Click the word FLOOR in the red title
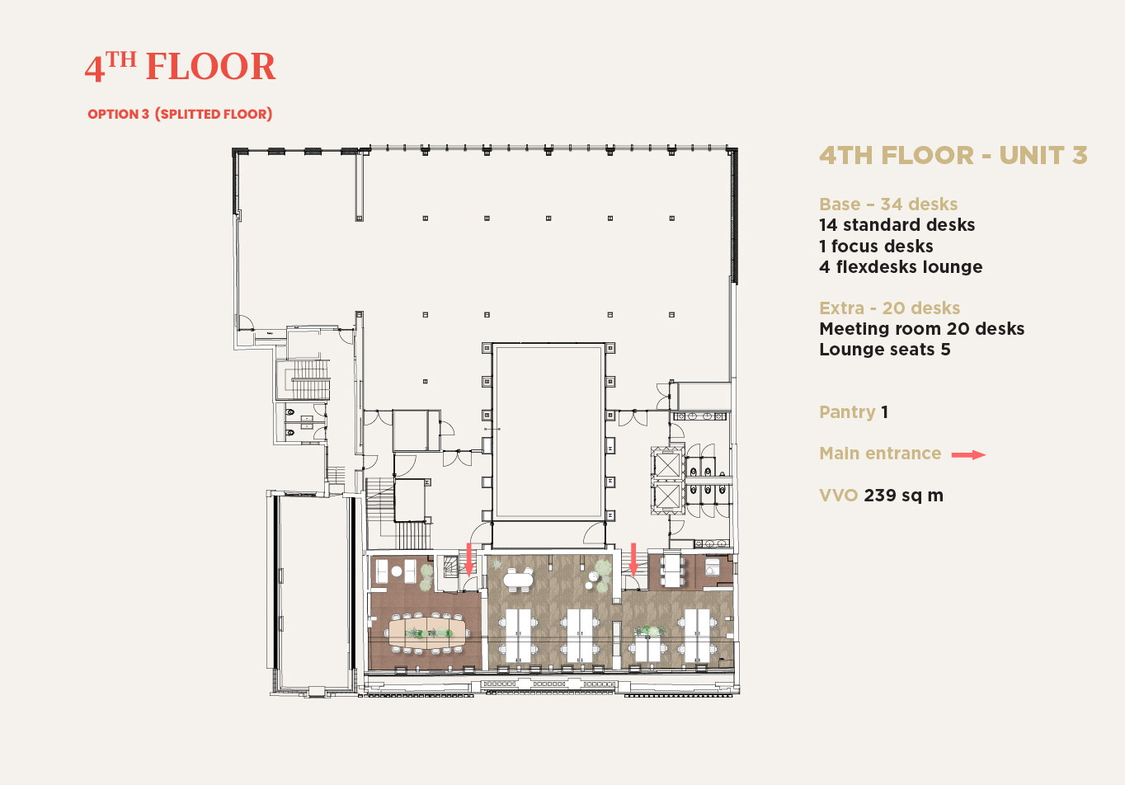pyautogui.click(x=210, y=66)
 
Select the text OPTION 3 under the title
pyautogui.click(x=119, y=114)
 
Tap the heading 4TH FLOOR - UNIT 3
pyautogui.click(x=953, y=155)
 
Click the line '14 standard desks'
pyautogui.click(x=897, y=224)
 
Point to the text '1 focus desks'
pyautogui.click(x=876, y=246)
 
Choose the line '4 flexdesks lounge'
pyautogui.click(x=901, y=266)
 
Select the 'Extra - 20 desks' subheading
pyautogui.click(x=889, y=308)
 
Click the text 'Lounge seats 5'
pyautogui.click(x=885, y=349)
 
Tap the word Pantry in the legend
pyautogui.click(x=847, y=412)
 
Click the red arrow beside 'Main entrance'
pyautogui.click(x=968, y=455)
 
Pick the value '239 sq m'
pyautogui.click(x=903, y=496)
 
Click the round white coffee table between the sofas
pyautogui.click(x=397, y=571)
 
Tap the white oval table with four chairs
pyautogui.click(x=518, y=580)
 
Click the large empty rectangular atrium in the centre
pyautogui.click(x=548, y=431)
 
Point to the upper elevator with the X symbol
pyautogui.click(x=667, y=463)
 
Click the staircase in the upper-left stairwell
pyautogui.click(x=308, y=380)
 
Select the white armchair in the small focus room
pyautogui.click(x=712, y=567)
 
